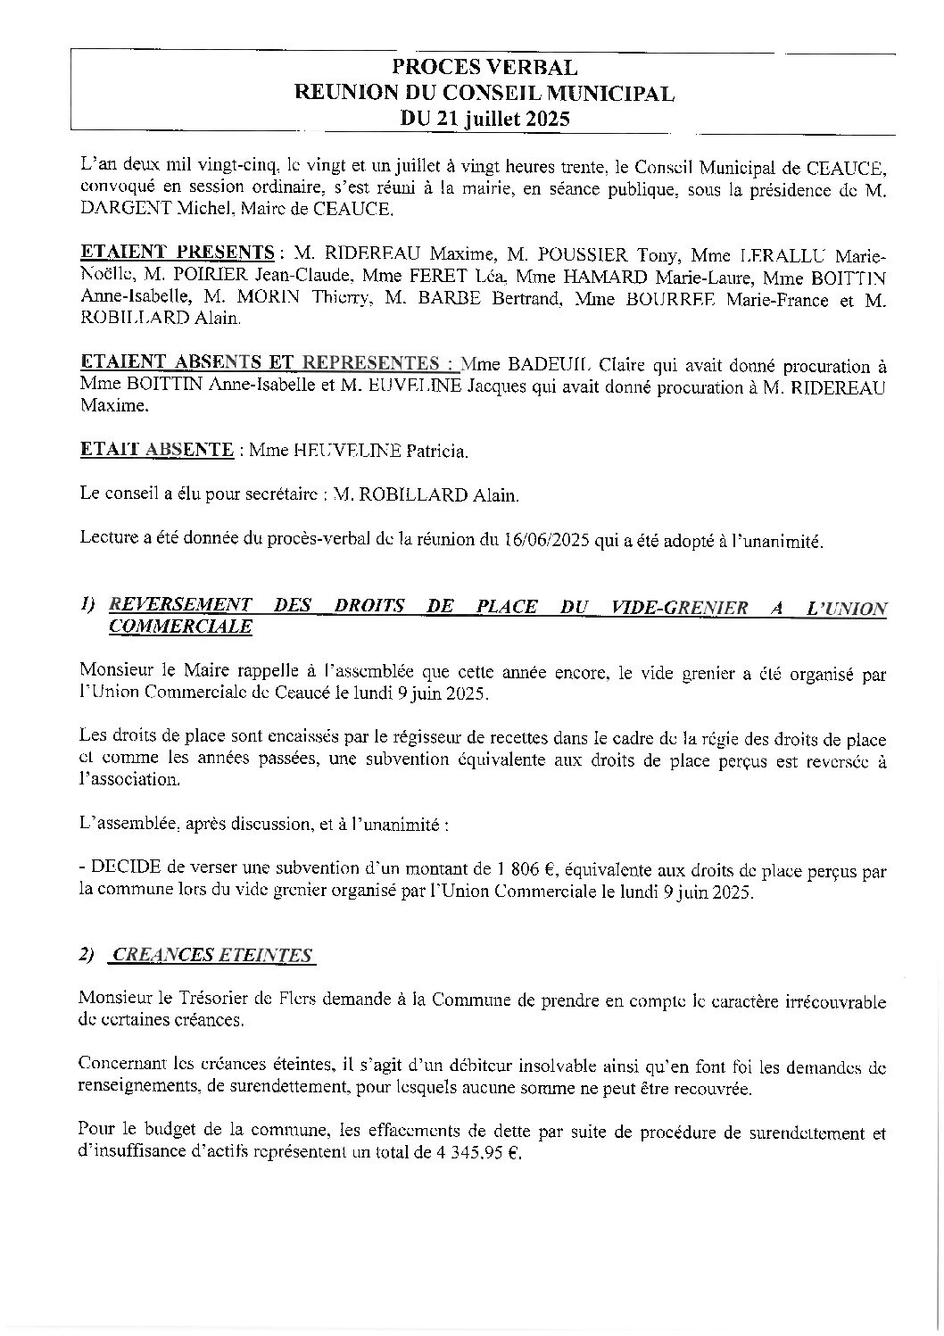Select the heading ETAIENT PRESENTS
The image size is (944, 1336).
pyautogui.click(x=177, y=251)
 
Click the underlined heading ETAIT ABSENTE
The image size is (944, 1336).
pyautogui.click(x=157, y=450)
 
